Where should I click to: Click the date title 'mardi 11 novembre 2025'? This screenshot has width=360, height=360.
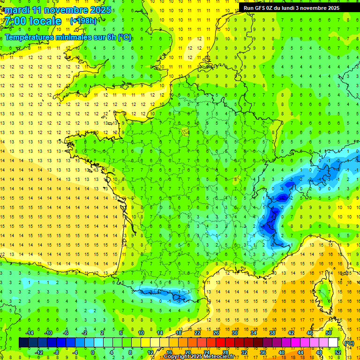pyautogui.click(x=59, y=10)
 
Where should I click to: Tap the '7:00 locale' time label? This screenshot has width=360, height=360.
pyautogui.click(x=33, y=21)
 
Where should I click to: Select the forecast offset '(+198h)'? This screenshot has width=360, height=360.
pyautogui.click(x=83, y=21)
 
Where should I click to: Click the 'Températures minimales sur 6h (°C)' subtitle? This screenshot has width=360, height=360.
pyautogui.click(x=68, y=37)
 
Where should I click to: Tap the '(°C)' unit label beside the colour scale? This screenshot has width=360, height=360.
pyautogui.click(x=349, y=343)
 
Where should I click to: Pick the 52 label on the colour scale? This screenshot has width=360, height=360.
pyautogui.click(x=338, y=352)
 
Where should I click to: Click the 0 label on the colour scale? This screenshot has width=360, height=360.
pyautogui.click(x=92, y=352)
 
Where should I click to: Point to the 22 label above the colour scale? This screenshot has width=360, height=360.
pyautogui.click(x=197, y=333)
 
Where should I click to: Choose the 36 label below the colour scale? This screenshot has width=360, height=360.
pyautogui.click(x=263, y=352)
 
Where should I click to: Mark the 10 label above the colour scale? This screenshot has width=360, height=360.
pyautogui.click(x=141, y=333)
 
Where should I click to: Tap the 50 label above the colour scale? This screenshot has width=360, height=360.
pyautogui.click(x=329, y=333)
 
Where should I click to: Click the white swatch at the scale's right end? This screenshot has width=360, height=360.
pyautogui.click(x=333, y=343)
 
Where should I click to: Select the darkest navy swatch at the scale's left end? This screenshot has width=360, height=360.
pyautogui.click(x=23, y=343)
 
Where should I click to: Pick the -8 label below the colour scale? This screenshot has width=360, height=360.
pyautogui.click(x=57, y=352)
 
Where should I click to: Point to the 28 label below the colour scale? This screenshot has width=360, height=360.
pyautogui.click(x=225, y=352)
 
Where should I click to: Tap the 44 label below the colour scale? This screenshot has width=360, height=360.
pyautogui.click(x=300, y=352)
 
